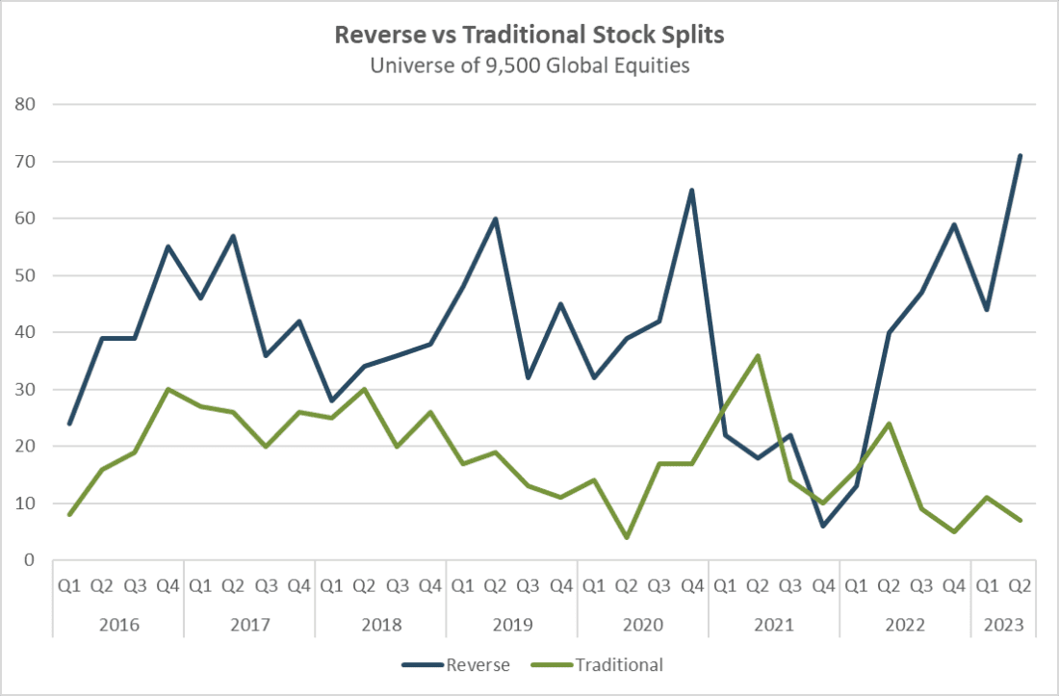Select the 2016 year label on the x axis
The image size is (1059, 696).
[118, 624]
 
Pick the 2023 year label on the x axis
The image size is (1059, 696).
[1004, 624]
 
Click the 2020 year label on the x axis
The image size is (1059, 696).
[643, 624]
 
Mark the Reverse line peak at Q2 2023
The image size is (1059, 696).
[1020, 155]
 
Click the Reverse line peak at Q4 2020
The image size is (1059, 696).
[692, 190]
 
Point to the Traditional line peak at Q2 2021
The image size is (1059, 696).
[758, 355]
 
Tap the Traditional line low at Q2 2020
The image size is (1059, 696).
[627, 537]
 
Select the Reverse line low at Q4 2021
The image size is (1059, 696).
[823, 526]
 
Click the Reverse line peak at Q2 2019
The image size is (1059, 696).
[495, 219]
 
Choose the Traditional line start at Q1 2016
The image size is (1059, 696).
[69, 515]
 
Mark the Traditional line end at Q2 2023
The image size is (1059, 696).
[1020, 521]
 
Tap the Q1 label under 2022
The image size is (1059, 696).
[856, 584]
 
